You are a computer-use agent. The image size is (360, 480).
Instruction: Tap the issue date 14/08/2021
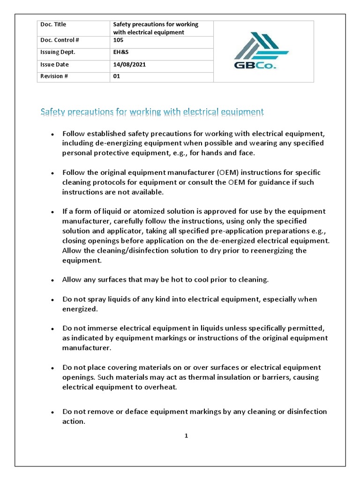[129, 65]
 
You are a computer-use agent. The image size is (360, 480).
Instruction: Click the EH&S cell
[121, 52]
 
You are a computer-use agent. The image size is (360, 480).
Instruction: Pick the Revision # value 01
[117, 76]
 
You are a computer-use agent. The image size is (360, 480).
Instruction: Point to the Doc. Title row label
[52, 24]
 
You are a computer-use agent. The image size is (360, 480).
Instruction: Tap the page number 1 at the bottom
[186, 435]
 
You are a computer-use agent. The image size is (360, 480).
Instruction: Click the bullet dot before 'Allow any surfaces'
[53, 280]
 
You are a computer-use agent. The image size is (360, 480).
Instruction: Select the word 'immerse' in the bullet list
[99, 328]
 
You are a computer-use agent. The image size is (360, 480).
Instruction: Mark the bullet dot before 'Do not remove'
[53, 412]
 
